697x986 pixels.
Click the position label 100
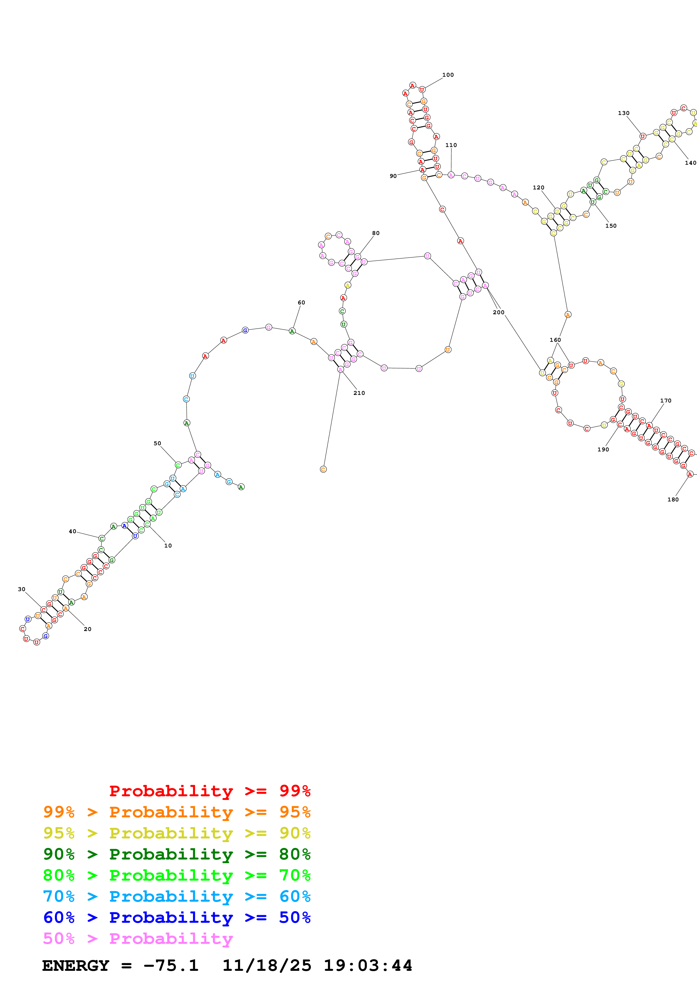[448, 75]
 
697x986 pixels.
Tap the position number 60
[301, 302]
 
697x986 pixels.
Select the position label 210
[359, 393]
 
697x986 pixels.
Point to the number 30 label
[21, 589]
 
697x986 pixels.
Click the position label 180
[673, 499]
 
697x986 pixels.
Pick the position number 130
[624, 113]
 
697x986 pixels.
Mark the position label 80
[376, 233]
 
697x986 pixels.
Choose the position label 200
[498, 312]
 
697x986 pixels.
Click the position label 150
[611, 226]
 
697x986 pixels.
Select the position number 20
[88, 629]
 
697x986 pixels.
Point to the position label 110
[451, 145]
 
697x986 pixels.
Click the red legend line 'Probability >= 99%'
[209, 791]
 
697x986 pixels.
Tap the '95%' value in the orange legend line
[295, 812]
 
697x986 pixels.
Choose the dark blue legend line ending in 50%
[177, 917]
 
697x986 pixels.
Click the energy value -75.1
[171, 965]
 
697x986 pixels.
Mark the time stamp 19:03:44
[367, 965]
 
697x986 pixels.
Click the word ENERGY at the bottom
[76, 965]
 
